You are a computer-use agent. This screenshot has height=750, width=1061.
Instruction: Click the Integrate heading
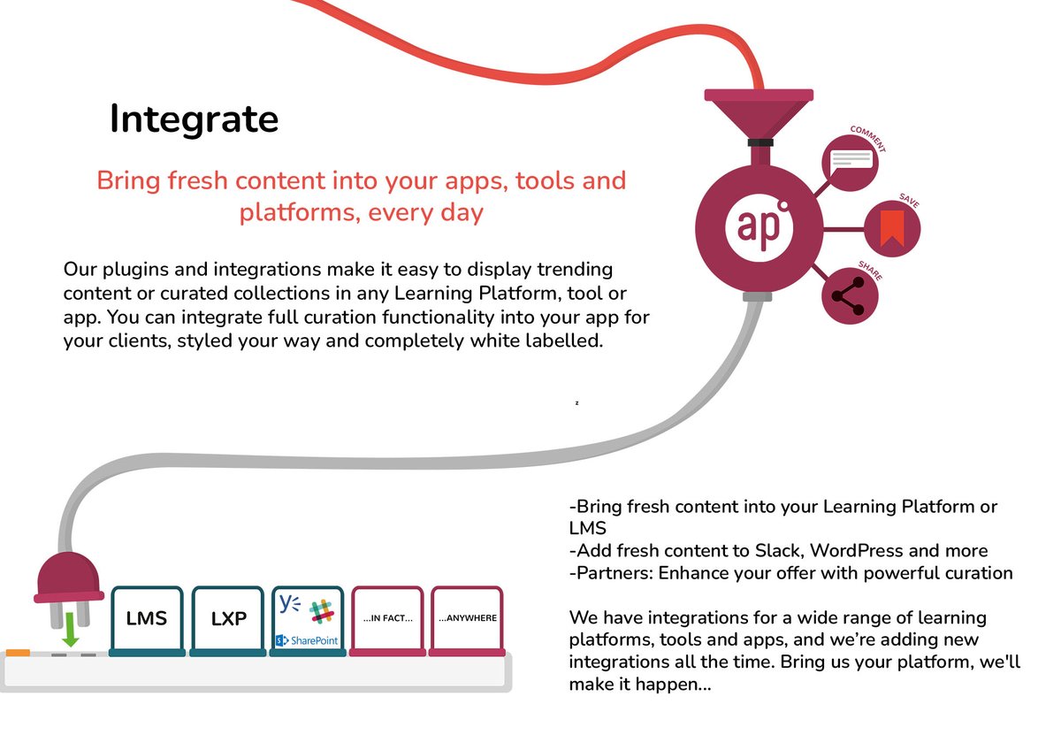(194, 119)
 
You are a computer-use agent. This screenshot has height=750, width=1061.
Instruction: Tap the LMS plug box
(147, 619)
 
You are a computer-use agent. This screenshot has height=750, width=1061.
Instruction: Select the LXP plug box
(228, 619)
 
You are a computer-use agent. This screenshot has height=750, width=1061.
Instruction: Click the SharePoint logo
(307, 639)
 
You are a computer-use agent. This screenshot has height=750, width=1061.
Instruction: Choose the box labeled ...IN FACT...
(388, 618)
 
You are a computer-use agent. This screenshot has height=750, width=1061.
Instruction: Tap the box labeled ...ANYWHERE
(468, 618)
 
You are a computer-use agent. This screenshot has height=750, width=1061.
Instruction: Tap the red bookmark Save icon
(891, 229)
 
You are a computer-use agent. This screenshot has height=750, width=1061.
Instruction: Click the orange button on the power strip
(19, 653)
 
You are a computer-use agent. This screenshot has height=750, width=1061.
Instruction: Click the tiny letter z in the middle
(576, 403)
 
